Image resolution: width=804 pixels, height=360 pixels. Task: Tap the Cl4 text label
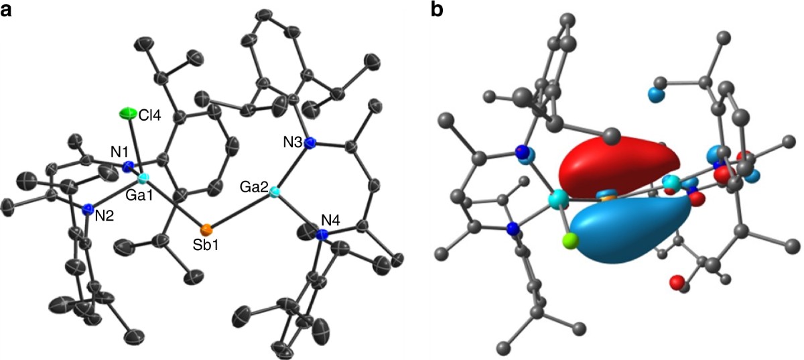point(149,116)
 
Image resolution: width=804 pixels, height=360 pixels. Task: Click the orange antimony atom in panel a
point(208,228)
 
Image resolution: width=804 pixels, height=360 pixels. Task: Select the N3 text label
point(291,143)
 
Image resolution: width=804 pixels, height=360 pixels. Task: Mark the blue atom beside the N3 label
point(309,143)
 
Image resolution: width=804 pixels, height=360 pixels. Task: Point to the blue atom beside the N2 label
point(88,210)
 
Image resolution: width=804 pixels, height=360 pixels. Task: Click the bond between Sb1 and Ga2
point(241,211)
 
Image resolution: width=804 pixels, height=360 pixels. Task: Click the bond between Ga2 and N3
point(291,168)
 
